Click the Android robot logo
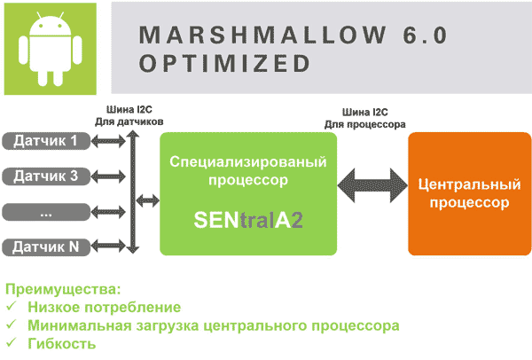point(51,49)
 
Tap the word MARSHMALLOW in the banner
point(263,35)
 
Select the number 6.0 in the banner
point(426,35)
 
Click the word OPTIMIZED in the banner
point(224,63)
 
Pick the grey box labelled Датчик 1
point(46,141)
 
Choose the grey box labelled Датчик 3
point(46,176)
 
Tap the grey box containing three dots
point(46,212)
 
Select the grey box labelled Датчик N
point(46,247)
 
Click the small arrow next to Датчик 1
point(108,141)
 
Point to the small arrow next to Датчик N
point(108,247)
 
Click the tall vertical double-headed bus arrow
point(133,192)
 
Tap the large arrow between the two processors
point(372,185)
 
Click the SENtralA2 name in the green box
point(248,220)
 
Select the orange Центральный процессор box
point(470,193)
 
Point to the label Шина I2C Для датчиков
point(129,115)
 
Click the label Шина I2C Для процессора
point(365,119)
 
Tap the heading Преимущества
point(63,290)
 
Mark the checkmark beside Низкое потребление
point(12,307)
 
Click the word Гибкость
point(62,343)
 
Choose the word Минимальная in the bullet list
point(80,325)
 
